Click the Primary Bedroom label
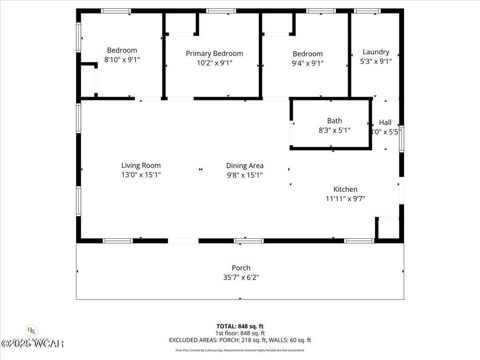click(x=214, y=54)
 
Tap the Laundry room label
click(x=376, y=52)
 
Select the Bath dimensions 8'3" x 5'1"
click(x=334, y=130)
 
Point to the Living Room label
click(x=141, y=166)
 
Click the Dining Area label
click(x=245, y=166)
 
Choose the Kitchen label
click(x=345, y=190)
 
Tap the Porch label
click(x=241, y=268)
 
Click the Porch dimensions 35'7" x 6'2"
click(x=241, y=277)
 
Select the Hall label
click(x=385, y=123)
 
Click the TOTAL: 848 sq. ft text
click(x=240, y=326)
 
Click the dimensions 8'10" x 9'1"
click(x=122, y=60)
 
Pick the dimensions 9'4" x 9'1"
click(x=307, y=63)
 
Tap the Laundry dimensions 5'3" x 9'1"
click(x=376, y=61)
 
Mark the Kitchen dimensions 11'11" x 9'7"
click(x=345, y=198)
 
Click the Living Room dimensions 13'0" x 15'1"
click(x=141, y=175)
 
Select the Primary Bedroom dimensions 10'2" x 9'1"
click(x=214, y=63)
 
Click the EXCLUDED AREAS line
click(x=240, y=340)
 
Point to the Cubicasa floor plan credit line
click(x=240, y=350)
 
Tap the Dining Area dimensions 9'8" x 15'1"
click(x=245, y=175)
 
